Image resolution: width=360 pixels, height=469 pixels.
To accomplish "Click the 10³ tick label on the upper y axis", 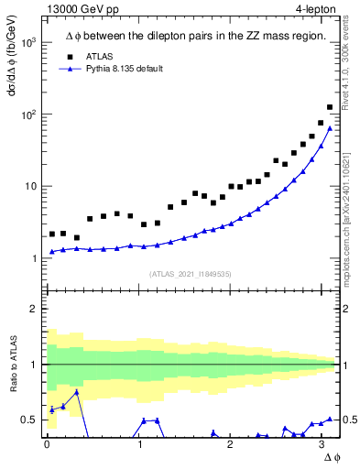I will point(27,43).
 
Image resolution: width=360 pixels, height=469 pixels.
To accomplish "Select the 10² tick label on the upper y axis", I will point(27,115).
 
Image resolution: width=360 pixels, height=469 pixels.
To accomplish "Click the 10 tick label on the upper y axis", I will point(29,187).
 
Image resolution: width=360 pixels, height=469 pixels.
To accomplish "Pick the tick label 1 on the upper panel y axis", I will point(33,258).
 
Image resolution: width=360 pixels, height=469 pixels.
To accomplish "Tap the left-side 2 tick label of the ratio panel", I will point(33,309).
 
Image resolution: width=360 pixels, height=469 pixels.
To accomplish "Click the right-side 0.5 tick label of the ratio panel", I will point(348,420).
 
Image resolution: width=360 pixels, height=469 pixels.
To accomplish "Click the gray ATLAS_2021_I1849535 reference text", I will point(189,274).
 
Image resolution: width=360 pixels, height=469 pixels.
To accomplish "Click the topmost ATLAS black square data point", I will point(330,107).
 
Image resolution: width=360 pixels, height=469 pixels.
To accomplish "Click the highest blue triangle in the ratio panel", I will point(77,392).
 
